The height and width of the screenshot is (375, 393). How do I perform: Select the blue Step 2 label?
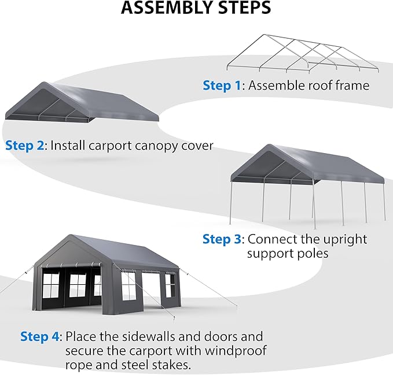coord(25,145)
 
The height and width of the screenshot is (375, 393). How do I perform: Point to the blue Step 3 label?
coord(222,239)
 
